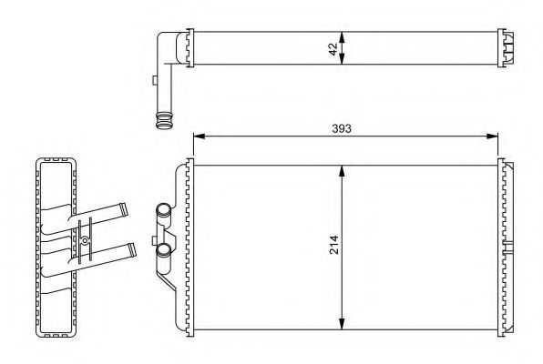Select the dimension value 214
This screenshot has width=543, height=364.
[x=334, y=247]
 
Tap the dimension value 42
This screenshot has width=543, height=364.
[x=334, y=47]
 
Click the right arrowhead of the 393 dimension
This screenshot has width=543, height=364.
[x=495, y=137]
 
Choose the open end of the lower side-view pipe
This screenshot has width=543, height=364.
[x=134, y=246]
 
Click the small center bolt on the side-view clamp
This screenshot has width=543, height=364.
[x=86, y=242]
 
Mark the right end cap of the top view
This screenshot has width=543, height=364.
[x=506, y=47]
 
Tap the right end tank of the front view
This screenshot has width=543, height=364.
[x=506, y=247]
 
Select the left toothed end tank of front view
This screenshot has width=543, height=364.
[x=190, y=247]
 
